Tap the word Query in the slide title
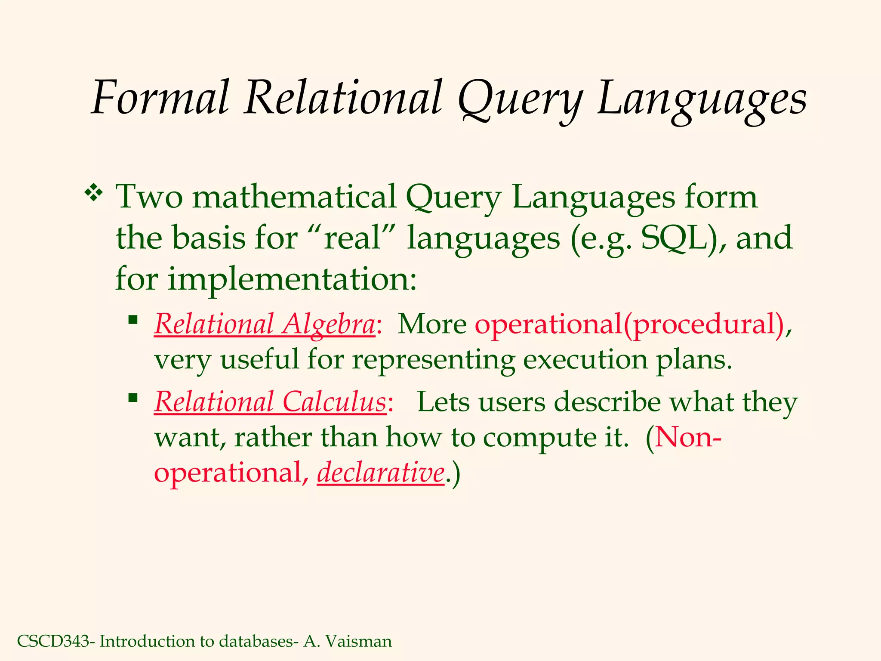coord(519,100)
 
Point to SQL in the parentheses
coord(674,238)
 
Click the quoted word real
coord(352,238)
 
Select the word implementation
coord(292,279)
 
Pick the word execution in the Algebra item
coord(585,359)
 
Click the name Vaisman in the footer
coord(359,641)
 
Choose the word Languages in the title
coord(702,100)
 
